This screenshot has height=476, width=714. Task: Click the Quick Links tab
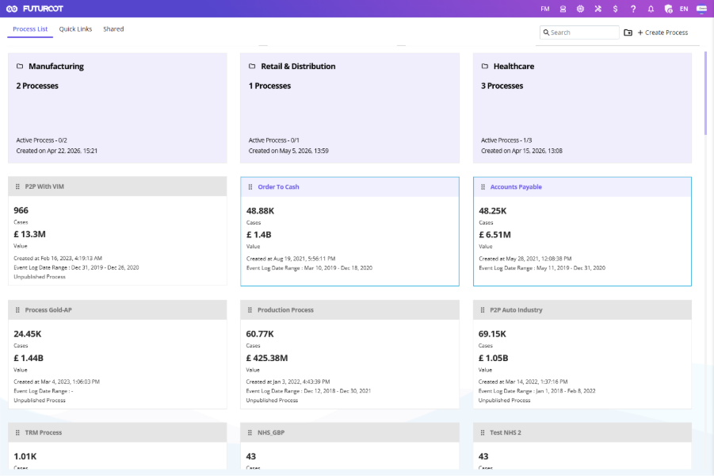(x=75, y=29)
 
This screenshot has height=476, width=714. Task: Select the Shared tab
(x=113, y=29)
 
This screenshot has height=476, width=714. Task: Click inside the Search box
(x=579, y=33)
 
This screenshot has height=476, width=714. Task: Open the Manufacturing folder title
(x=56, y=66)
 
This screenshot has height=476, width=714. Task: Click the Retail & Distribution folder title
(x=298, y=66)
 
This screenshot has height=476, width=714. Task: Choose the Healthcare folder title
(x=514, y=66)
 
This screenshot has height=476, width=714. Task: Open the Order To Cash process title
(x=278, y=187)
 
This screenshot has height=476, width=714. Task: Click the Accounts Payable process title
(x=516, y=187)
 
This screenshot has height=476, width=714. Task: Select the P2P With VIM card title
(x=44, y=186)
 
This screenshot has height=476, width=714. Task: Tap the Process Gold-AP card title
(x=48, y=310)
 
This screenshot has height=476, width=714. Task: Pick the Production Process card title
(x=285, y=310)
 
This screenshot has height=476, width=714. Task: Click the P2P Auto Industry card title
(x=516, y=310)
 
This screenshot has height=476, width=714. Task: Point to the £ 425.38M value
(x=267, y=358)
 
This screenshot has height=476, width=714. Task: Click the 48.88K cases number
(x=260, y=211)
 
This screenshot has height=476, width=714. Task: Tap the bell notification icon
(x=651, y=9)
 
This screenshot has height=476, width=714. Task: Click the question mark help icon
(x=633, y=9)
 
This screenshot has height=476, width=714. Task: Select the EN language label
(x=684, y=9)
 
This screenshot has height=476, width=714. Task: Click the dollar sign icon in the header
(x=615, y=9)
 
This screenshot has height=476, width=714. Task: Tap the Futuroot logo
(x=35, y=9)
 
